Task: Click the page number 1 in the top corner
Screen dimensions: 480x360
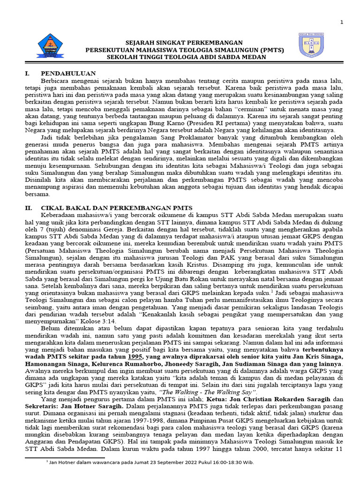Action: tap(341, 22)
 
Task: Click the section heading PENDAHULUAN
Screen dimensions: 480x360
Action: tap(68, 73)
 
